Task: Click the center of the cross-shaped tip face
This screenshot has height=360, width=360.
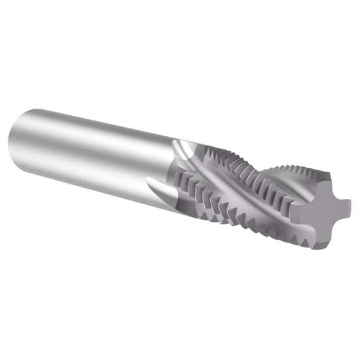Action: [321, 211]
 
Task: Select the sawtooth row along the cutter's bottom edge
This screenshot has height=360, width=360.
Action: [249, 226]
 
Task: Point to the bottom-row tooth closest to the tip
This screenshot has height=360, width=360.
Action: [298, 242]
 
